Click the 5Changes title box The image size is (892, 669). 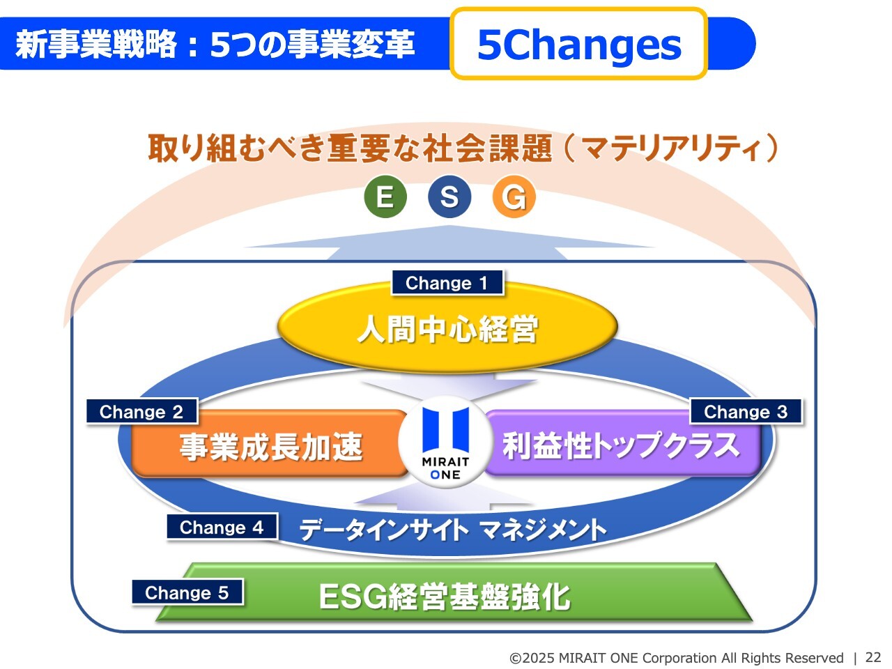click(x=579, y=43)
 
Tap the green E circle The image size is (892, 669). click(x=385, y=197)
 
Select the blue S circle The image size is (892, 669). click(x=449, y=197)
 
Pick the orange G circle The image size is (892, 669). click(x=514, y=197)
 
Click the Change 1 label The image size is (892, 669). click(x=447, y=283)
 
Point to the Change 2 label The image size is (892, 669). click(x=142, y=411)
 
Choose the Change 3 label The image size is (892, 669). click(x=746, y=411)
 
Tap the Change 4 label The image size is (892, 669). click(x=222, y=528)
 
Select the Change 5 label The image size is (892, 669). click(x=187, y=592)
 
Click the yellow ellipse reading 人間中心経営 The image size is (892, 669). click(x=447, y=328)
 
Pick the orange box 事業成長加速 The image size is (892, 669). click(x=269, y=444)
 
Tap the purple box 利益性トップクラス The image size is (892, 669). click(x=622, y=444)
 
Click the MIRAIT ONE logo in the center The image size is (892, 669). click(x=445, y=443)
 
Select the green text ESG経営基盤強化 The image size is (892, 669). click(x=445, y=597)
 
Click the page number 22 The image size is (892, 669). click(x=873, y=657)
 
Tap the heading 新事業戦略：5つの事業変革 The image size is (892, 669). click(x=215, y=43)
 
